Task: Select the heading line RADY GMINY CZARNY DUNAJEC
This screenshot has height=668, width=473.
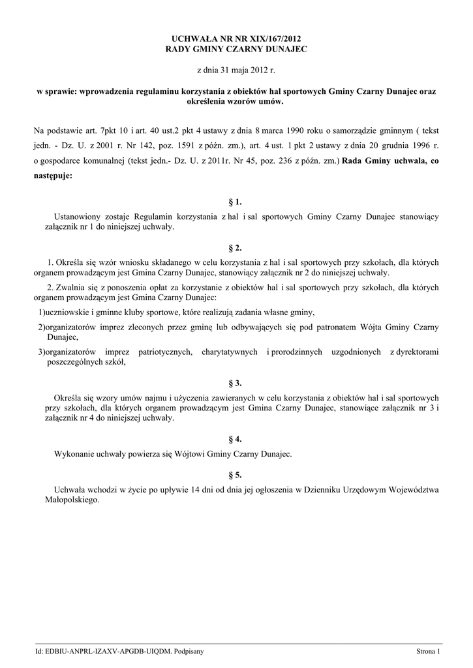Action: [x=236, y=49]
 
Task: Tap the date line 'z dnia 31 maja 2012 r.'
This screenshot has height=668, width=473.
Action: [x=236, y=70]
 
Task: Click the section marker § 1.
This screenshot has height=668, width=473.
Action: [x=236, y=202]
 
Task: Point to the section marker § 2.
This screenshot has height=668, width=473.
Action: [x=236, y=249]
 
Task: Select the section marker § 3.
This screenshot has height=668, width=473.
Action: [x=236, y=383]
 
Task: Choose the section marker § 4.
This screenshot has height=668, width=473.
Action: [x=236, y=439]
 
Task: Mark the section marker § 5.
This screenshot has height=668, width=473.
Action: [x=236, y=475]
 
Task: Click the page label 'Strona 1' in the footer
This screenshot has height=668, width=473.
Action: [x=429, y=652]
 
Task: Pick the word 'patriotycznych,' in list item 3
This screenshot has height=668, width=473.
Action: [x=164, y=353]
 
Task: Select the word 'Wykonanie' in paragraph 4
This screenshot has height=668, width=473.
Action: [x=74, y=453]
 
